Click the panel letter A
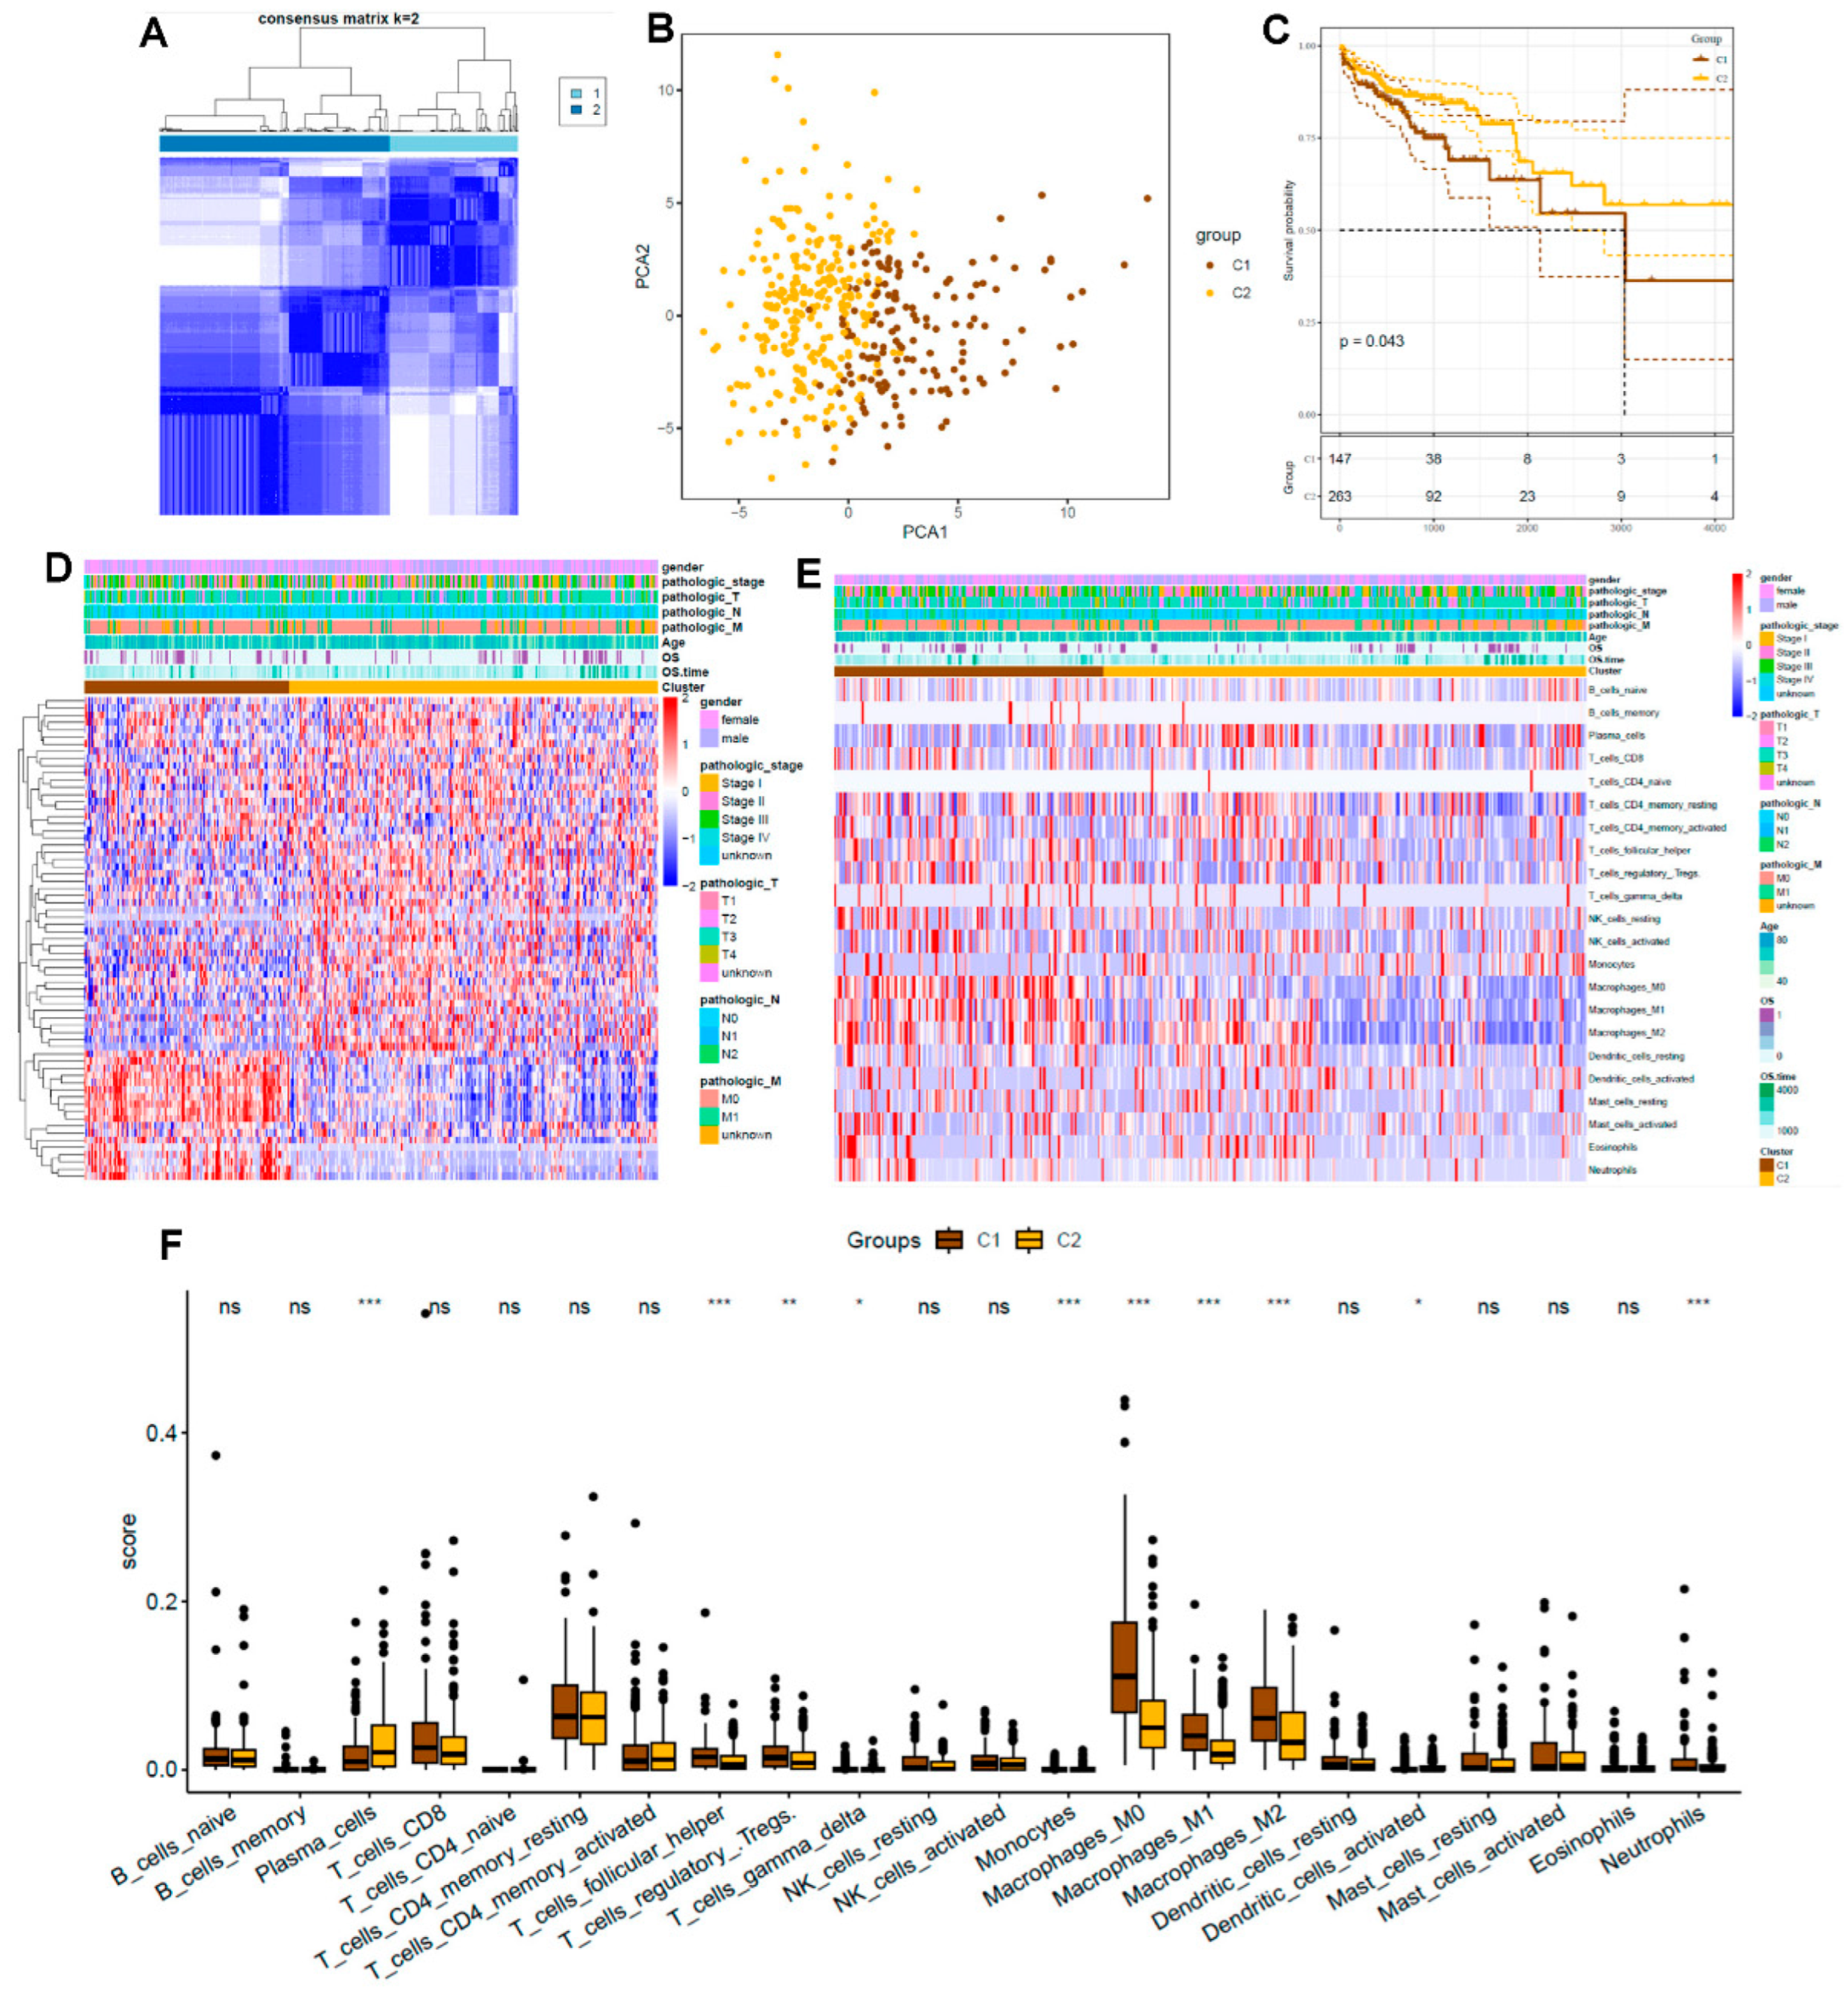point(154,34)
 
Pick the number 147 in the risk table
point(1340,459)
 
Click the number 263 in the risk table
point(1340,496)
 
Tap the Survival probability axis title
point(1288,230)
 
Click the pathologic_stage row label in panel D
point(712,582)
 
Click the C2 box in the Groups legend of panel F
point(1028,1240)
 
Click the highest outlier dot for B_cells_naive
point(216,1455)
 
